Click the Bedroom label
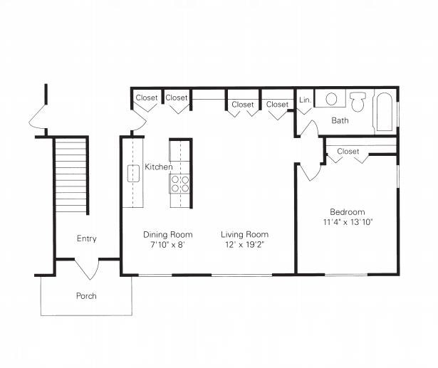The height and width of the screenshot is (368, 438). pyautogui.click(x=347, y=212)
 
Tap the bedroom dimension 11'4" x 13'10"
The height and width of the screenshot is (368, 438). pyautogui.click(x=347, y=222)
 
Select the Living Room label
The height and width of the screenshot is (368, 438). pyautogui.click(x=244, y=234)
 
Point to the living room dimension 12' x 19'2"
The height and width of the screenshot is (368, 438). pyautogui.click(x=244, y=245)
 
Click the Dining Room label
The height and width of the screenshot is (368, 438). pyautogui.click(x=167, y=234)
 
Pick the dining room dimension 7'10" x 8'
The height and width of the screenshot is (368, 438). pyautogui.click(x=167, y=245)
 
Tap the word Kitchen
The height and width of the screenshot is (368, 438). pyautogui.click(x=158, y=167)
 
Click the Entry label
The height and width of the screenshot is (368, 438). pyautogui.click(x=86, y=239)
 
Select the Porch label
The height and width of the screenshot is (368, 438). pyautogui.click(x=86, y=295)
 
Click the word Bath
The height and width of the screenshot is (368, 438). pyautogui.click(x=340, y=120)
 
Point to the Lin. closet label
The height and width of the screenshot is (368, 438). pyautogui.click(x=304, y=100)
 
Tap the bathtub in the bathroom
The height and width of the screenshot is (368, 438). pyautogui.click(x=384, y=112)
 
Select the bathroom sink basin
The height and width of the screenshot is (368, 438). pyautogui.click(x=330, y=99)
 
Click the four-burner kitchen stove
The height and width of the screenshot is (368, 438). pyautogui.click(x=180, y=184)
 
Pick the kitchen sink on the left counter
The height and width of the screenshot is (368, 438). pyautogui.click(x=132, y=173)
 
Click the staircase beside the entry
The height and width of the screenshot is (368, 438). pyautogui.click(x=71, y=174)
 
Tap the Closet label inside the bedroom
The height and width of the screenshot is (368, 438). pyautogui.click(x=348, y=152)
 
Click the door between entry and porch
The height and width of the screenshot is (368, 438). pyautogui.click(x=87, y=269)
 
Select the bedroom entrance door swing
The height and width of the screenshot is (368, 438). pyautogui.click(x=310, y=172)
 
